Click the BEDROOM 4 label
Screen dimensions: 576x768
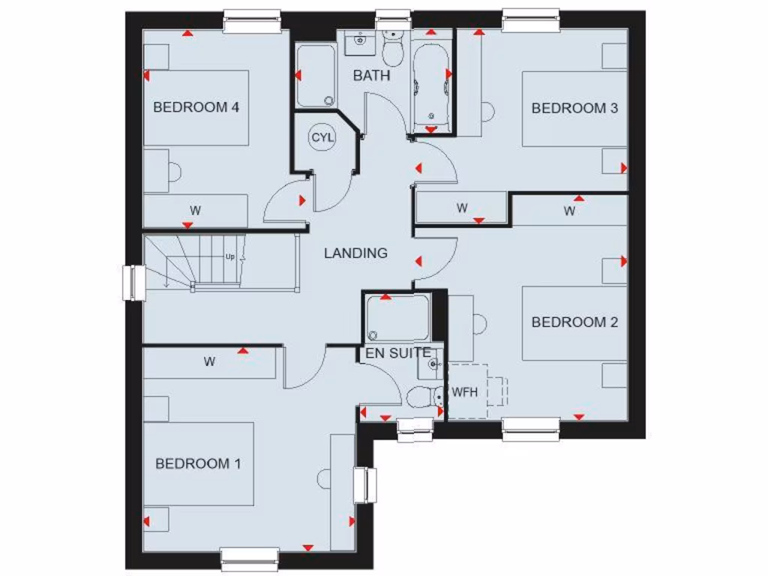click(196, 107)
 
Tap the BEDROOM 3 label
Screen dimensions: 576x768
click(574, 108)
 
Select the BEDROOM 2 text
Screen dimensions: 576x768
click(574, 322)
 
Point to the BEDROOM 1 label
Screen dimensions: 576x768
click(198, 463)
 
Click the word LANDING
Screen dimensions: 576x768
click(355, 253)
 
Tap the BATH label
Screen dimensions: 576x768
click(372, 76)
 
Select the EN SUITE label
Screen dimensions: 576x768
click(397, 352)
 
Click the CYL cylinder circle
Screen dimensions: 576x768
click(323, 138)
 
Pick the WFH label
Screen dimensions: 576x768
click(464, 392)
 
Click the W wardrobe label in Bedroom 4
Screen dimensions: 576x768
click(195, 211)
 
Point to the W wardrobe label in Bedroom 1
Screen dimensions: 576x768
click(209, 362)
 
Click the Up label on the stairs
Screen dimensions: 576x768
click(229, 256)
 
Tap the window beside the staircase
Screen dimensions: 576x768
click(133, 283)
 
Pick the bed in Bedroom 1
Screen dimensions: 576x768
click(198, 463)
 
